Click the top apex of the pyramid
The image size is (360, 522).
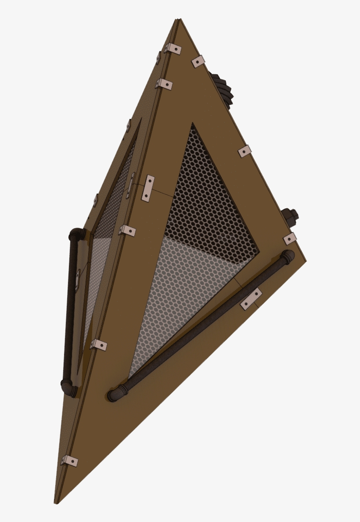coord(178,20)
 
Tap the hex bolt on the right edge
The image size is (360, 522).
coord(291,215)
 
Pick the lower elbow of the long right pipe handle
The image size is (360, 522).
coord(116,393)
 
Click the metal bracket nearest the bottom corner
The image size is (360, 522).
coord(69,461)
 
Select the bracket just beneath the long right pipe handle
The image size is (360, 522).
coord(251,299)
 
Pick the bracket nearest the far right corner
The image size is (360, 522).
coord(290,239)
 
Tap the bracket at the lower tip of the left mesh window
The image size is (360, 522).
coord(99,345)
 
